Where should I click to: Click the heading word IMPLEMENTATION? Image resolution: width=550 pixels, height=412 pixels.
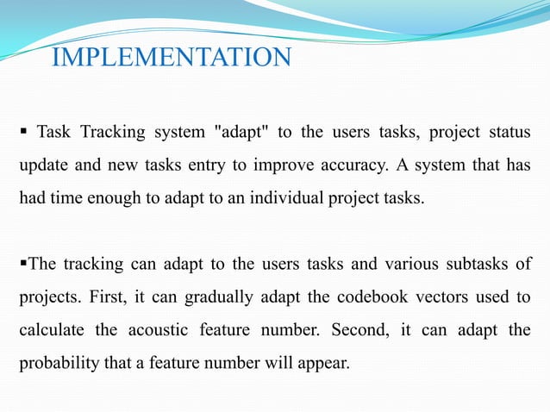pos(172,59)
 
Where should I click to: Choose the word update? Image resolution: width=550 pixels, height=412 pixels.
pos(41,165)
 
